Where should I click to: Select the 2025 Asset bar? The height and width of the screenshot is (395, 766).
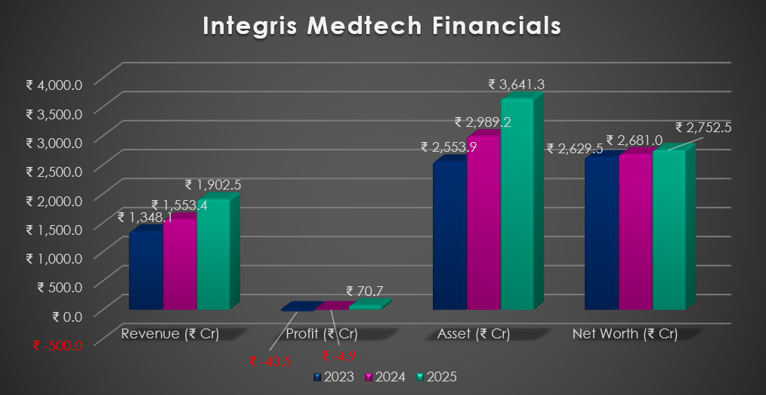[x=517, y=204]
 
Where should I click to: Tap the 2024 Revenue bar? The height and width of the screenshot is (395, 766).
[x=180, y=264]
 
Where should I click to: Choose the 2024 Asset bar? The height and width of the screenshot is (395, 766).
[x=483, y=223]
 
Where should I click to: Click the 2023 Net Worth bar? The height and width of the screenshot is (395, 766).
[x=601, y=233]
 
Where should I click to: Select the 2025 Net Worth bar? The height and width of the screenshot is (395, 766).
[x=669, y=230]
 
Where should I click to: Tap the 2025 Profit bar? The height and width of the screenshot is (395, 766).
[x=366, y=307]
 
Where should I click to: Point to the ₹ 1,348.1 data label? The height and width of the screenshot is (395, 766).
[x=146, y=218]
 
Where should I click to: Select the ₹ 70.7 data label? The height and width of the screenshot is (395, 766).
[x=366, y=291]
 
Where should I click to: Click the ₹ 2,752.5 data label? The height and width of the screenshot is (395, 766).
[x=703, y=128]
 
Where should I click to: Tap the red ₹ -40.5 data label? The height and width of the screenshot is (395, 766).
[x=270, y=361]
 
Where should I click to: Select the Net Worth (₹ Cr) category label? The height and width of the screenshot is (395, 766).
[x=625, y=333]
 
